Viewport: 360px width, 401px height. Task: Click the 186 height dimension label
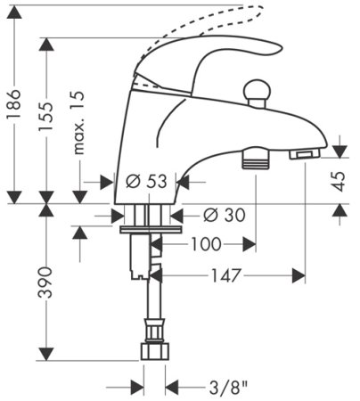13,104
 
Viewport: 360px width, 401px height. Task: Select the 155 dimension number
45,117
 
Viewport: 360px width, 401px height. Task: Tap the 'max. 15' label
78,123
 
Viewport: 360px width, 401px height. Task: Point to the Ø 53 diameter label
146,181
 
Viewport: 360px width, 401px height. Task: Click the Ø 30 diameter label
225,215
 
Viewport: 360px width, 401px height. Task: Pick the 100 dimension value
206,244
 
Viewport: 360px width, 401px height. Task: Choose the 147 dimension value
225,275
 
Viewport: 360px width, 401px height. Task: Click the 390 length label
45,282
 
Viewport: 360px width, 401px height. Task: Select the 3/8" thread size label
228,388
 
